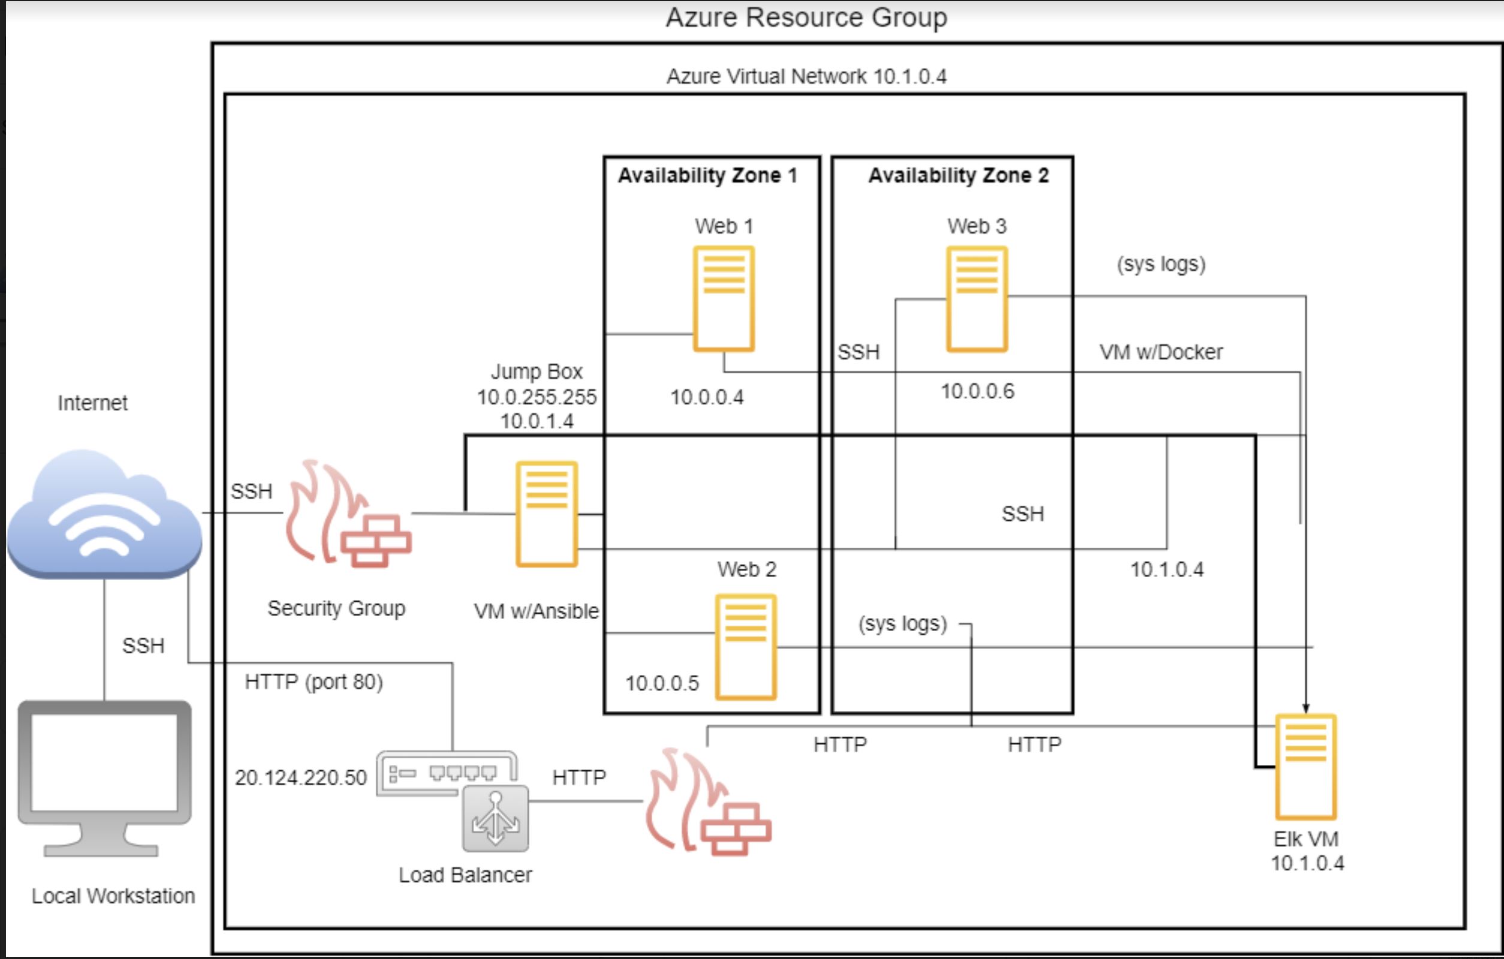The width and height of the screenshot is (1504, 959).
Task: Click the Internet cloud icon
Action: click(x=104, y=513)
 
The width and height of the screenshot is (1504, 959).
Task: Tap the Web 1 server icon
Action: click(x=724, y=298)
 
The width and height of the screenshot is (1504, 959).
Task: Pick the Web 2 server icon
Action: click(x=746, y=647)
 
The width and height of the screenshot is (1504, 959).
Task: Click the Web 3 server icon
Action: click(x=977, y=299)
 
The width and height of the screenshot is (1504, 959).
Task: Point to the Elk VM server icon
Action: click(x=1306, y=767)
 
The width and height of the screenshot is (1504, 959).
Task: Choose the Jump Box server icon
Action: click(x=547, y=514)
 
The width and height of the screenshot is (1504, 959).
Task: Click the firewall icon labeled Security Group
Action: click(x=348, y=513)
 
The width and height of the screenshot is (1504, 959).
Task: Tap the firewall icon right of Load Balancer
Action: click(x=708, y=801)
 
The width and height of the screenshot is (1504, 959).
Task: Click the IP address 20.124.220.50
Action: click(x=300, y=777)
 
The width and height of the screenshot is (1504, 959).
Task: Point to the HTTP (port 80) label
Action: click(x=314, y=682)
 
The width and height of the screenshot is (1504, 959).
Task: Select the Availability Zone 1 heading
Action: click(x=708, y=176)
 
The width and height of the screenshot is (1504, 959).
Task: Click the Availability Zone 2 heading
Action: click(x=959, y=176)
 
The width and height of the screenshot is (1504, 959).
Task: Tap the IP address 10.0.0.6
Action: click(x=978, y=391)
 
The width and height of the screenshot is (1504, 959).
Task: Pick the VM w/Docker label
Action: click(x=1161, y=352)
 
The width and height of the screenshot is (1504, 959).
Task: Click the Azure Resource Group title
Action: click(x=806, y=17)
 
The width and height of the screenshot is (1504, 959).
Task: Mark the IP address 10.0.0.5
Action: click(x=662, y=684)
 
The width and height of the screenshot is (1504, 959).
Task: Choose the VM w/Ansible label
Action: click(x=537, y=611)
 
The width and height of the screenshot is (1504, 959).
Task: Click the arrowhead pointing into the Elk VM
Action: click(x=1306, y=708)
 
